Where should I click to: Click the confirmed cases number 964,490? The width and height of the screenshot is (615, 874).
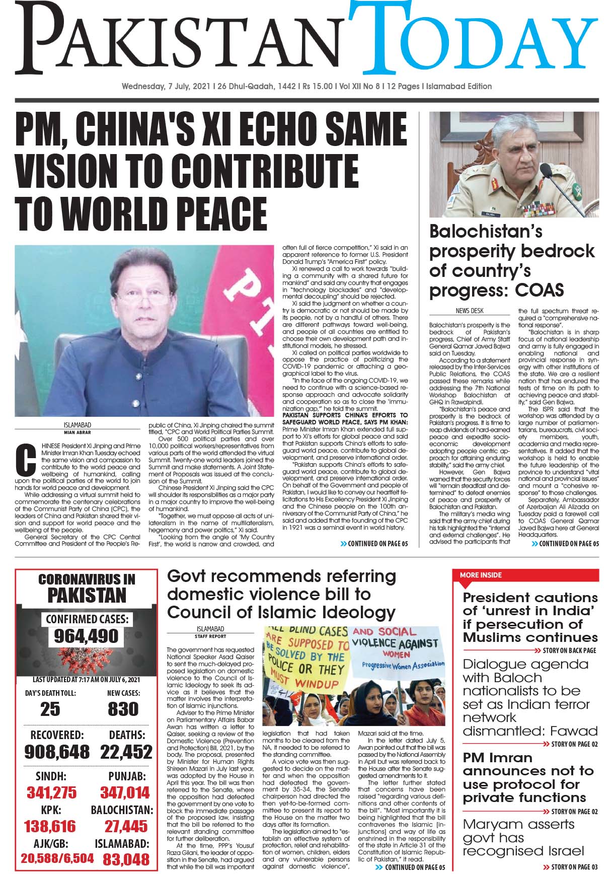coord(87,636)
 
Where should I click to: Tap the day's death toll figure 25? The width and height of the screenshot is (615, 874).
coord(50,709)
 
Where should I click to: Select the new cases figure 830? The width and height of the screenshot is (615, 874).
coord(123,709)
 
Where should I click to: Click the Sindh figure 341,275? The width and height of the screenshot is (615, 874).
coord(52,793)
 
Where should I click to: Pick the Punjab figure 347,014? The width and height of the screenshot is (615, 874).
coord(125,793)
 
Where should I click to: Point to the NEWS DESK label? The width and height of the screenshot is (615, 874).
coord(469,311)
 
